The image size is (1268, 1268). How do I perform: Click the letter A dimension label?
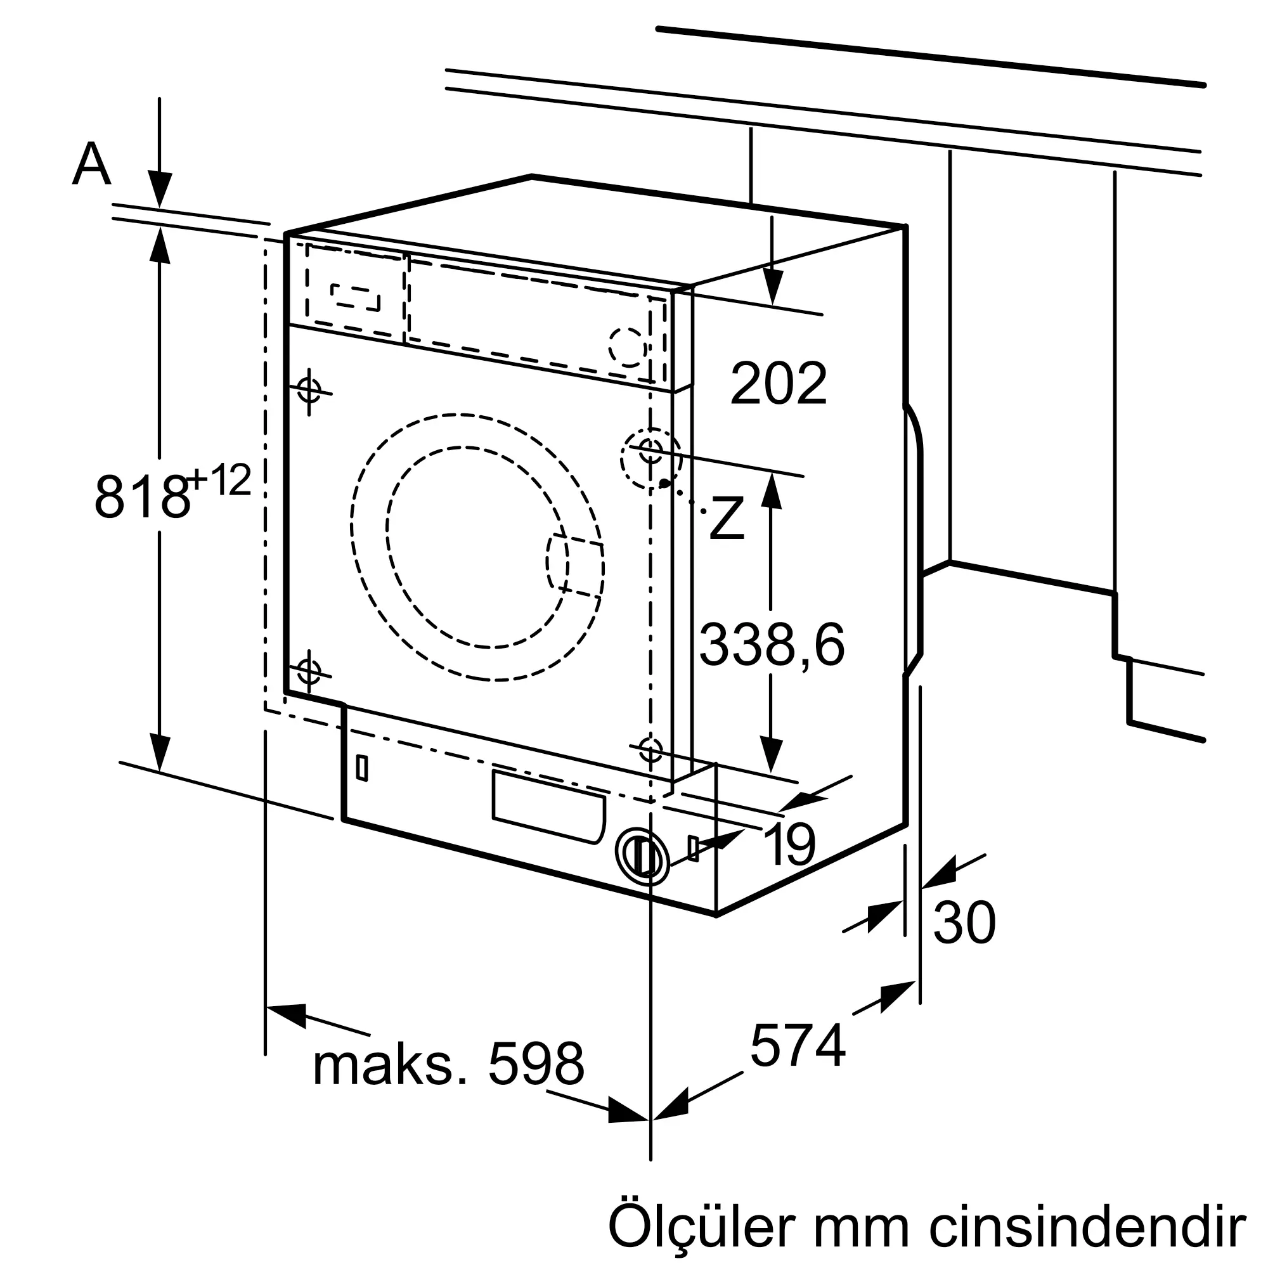(x=91, y=165)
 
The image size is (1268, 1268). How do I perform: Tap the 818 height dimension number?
(x=141, y=497)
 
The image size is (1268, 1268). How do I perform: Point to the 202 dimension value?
(x=779, y=384)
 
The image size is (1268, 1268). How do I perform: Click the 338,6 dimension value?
(x=771, y=646)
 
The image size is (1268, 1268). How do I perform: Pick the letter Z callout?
(x=727, y=519)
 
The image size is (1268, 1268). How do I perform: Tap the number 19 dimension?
(x=789, y=845)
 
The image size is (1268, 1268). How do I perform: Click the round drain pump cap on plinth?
(x=642, y=856)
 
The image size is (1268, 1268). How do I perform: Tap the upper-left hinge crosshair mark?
(x=309, y=390)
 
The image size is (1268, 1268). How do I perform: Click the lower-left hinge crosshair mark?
(x=309, y=671)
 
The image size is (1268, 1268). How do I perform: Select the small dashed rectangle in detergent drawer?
(x=356, y=297)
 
